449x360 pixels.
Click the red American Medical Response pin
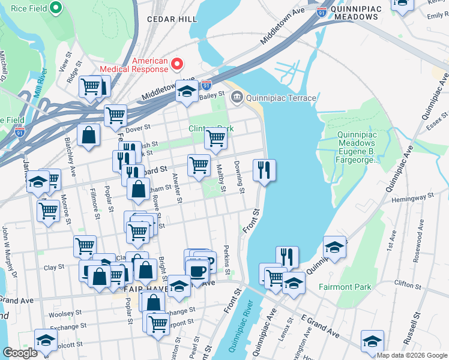pyautogui.click(x=178, y=64)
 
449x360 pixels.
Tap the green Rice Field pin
pyautogui.click(x=56, y=8)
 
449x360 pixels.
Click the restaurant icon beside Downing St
pyautogui.click(x=264, y=170)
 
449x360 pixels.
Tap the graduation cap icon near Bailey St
pyautogui.click(x=187, y=92)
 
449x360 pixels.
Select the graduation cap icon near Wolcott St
pyautogui.click(x=46, y=340)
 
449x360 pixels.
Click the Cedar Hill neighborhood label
pyautogui.click(x=176, y=19)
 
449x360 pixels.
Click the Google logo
pyautogui.click(x=20, y=353)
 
